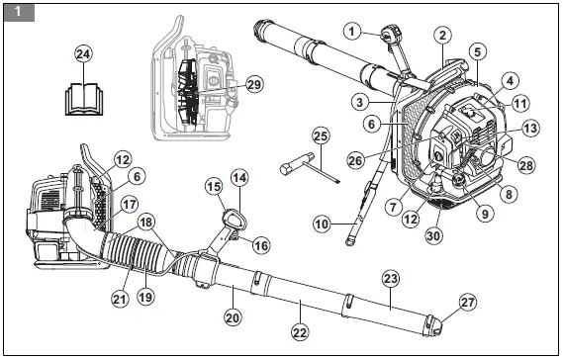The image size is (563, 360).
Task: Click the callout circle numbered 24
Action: point(84,55)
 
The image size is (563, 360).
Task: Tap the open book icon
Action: point(83,98)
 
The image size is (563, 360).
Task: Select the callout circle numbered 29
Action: point(254,85)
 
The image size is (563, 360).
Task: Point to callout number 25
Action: point(321,135)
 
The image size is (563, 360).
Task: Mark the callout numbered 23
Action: point(389,279)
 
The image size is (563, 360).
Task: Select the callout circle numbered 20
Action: point(232,318)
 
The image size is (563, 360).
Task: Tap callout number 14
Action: point(238,178)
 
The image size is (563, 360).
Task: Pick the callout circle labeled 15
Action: point(214,186)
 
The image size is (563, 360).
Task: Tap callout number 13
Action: point(530,128)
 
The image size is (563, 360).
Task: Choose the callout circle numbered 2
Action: point(443,35)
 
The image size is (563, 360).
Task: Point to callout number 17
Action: point(128,209)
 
